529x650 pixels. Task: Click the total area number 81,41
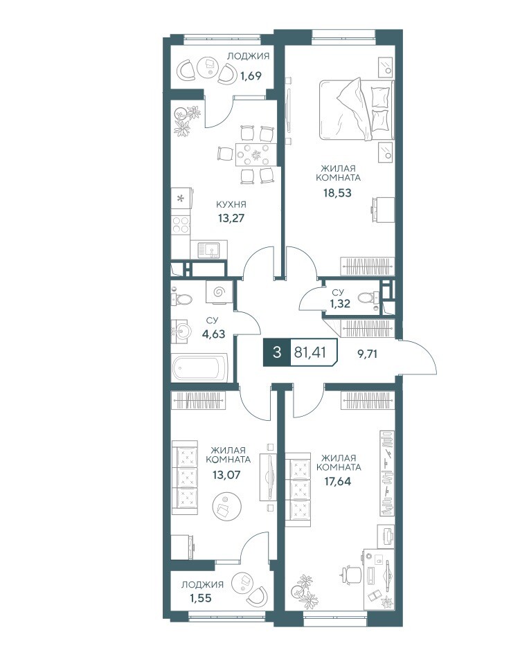[x=310, y=352]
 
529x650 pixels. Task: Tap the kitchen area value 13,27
[x=231, y=218]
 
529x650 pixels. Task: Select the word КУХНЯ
[x=231, y=204]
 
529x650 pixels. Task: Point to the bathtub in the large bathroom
[x=200, y=367]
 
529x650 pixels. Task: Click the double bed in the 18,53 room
[x=356, y=109]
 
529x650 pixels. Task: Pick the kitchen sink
[x=209, y=250]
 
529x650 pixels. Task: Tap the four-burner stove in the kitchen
[x=181, y=225]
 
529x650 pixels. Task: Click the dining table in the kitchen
[x=256, y=154]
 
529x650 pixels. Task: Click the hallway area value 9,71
[x=367, y=354]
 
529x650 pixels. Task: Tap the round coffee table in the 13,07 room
[x=227, y=506]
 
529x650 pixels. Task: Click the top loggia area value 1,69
[x=251, y=76]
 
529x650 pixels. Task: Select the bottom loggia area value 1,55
[x=201, y=598]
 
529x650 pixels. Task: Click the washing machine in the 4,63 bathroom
[x=220, y=292]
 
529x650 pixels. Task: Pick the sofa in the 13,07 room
[x=185, y=478]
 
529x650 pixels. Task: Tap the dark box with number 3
[x=277, y=353]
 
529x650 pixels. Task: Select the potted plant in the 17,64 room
[x=303, y=590]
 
